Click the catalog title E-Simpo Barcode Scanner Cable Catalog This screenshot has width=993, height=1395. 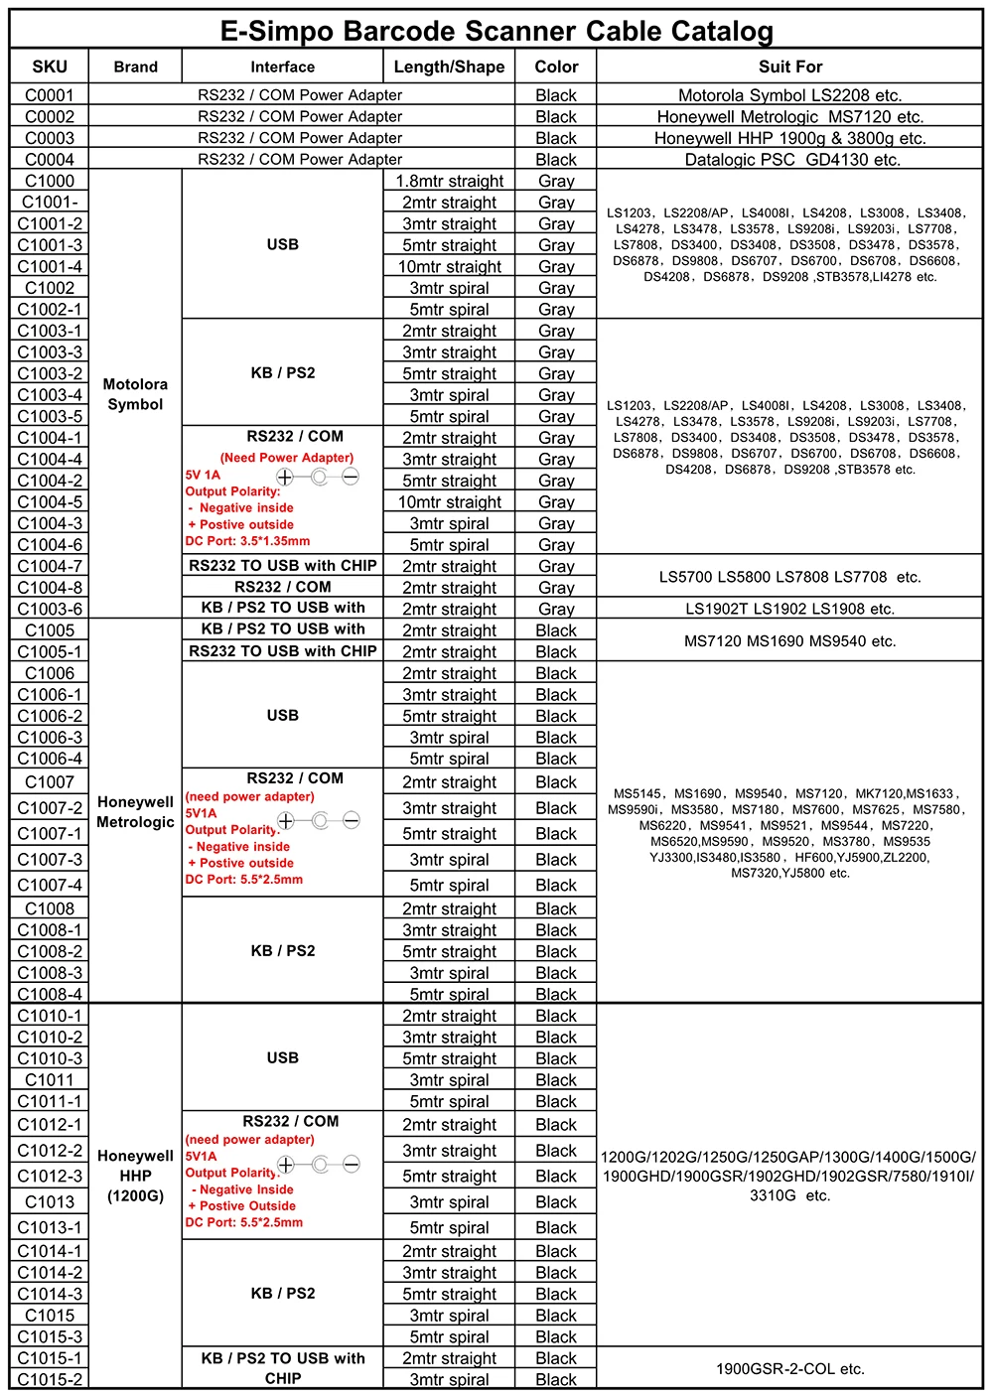coord(496,31)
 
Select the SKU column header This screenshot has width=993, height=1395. coord(50,67)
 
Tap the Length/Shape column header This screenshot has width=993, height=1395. coord(449,67)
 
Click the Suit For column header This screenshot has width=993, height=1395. coord(789,67)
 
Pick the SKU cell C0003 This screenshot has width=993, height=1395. coord(50,138)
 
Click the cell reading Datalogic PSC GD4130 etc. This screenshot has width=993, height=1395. coord(791,160)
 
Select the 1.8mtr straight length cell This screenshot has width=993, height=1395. coord(449,181)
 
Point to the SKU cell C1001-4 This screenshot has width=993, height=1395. coord(50,266)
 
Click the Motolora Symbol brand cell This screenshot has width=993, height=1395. coord(135,394)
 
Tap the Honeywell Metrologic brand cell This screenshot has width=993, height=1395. coord(135,812)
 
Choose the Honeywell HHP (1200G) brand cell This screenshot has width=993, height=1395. coord(135,1176)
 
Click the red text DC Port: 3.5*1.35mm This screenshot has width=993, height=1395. coord(247,541)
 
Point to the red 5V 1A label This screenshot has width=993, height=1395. coord(203,475)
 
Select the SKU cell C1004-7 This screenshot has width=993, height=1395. coord(50,566)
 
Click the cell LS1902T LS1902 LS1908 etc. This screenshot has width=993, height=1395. coord(789,609)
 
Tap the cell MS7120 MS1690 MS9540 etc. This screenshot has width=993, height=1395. coord(789,641)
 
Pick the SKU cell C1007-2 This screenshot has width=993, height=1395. coord(50,808)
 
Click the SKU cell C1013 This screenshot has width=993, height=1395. coord(50,1201)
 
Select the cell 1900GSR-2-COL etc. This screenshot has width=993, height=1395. coord(789,1369)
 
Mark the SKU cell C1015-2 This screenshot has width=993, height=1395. coord(50,1379)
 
